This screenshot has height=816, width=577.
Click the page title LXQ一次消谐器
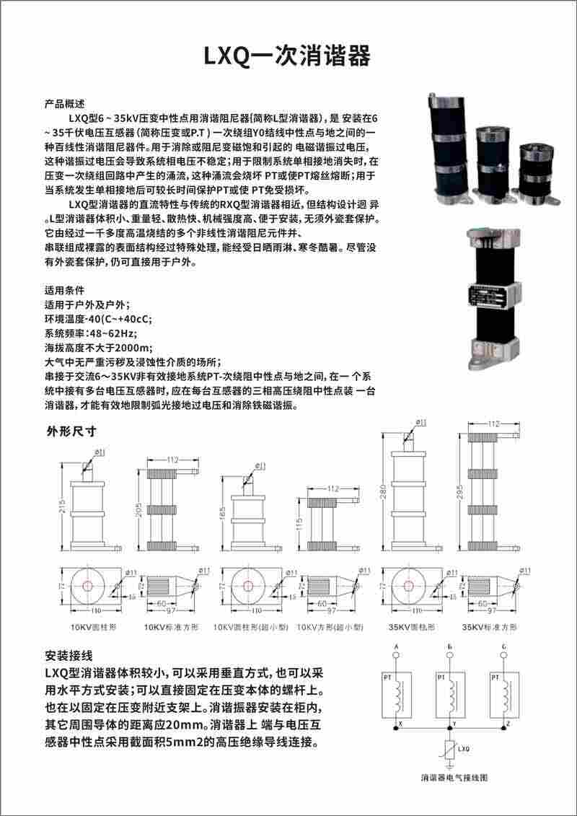(288, 56)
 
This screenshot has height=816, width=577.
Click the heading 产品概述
(65, 103)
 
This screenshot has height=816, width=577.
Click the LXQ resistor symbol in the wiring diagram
(449, 750)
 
